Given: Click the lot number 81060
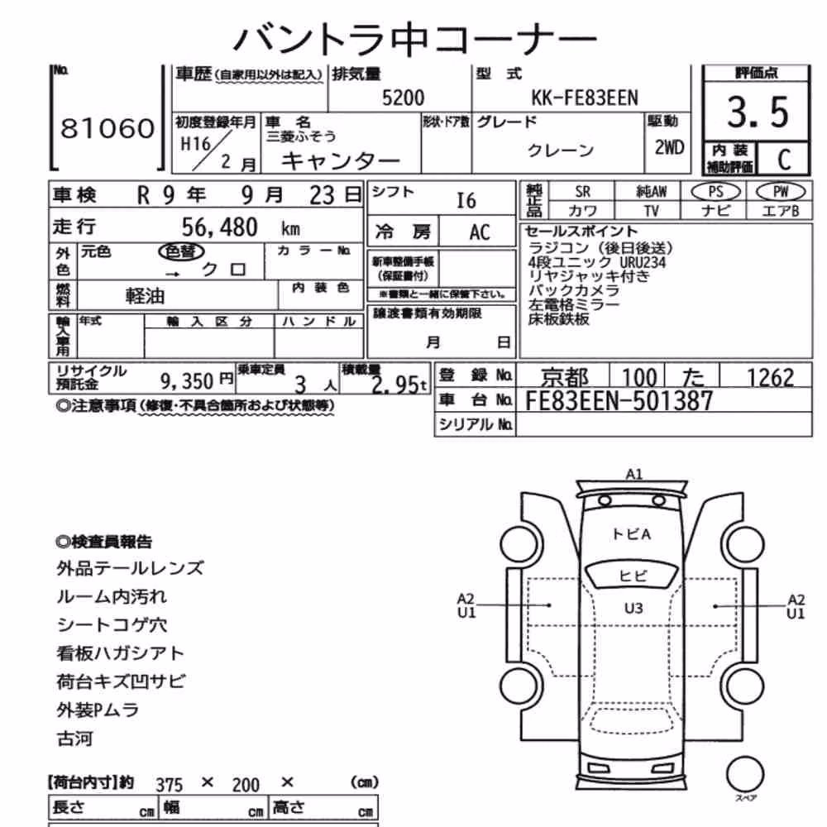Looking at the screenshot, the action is coord(108,128).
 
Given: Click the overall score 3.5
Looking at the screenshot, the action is coord(758,112).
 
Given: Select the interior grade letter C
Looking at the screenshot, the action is coord(784,160).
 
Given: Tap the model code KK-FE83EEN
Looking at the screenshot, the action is coord(585,98).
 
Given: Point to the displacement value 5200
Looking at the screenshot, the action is coord(403,98).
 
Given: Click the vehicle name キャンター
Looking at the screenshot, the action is coord(340,160).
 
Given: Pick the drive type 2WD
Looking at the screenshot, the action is coord(669,148).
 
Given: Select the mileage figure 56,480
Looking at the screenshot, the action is coord(219,227).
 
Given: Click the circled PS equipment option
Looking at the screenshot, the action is coord(715,192).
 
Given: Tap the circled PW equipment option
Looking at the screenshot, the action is coord(781,192).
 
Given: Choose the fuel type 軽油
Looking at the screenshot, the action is coord(145,296).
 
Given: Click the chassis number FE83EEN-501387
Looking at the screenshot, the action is coord(619,401).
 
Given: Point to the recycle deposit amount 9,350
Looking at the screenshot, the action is coord(186,380).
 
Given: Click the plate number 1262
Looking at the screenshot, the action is coord(770,378).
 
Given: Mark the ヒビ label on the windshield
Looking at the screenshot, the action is coord(633,576).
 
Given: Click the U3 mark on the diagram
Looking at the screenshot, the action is coord(633,609).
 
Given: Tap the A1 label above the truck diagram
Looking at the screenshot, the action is coord(633,474).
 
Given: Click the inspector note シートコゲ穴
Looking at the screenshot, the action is coord(112,625).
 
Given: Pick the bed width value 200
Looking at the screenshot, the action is coord(246,786).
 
